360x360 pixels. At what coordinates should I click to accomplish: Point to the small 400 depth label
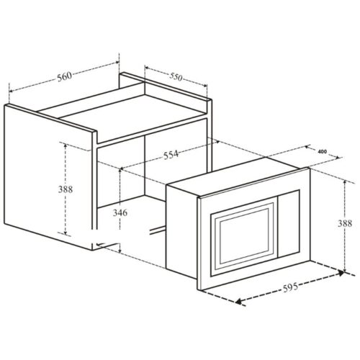[322, 152]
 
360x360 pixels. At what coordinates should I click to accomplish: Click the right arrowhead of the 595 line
[342, 273]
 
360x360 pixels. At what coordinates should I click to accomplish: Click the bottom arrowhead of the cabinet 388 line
[66, 235]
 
